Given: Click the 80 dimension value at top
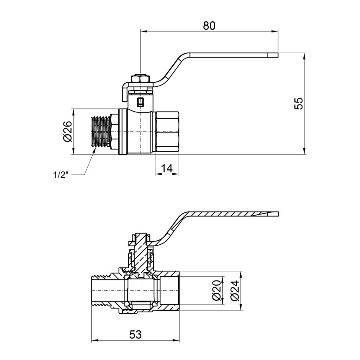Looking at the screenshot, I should tap(209, 26).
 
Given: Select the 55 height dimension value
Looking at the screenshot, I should tap(299, 103).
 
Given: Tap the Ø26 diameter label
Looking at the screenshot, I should tap(67, 131).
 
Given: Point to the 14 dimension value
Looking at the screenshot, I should tap(166, 168).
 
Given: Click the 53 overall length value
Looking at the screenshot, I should tap(135, 334).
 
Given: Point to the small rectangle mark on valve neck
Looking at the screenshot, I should tap(140, 101).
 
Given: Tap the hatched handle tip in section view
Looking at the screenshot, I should tap(272, 213).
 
